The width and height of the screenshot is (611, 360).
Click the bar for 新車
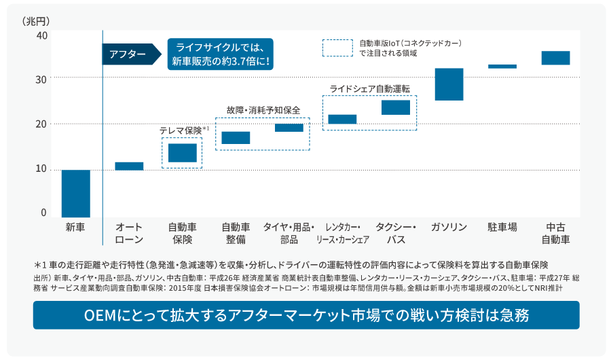(x=75, y=194)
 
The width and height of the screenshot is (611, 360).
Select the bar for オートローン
(x=129, y=166)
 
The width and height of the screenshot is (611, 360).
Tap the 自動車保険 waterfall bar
(x=182, y=153)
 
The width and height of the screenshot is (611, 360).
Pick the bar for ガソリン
(x=449, y=84)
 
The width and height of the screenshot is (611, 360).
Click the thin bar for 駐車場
(x=502, y=67)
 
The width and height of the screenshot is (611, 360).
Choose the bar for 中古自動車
(x=555, y=58)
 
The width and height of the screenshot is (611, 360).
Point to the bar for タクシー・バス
(x=396, y=107)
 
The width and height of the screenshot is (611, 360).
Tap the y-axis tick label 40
(x=41, y=35)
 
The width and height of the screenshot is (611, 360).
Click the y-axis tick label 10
(x=41, y=169)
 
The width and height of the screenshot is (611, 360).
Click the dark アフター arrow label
(x=128, y=54)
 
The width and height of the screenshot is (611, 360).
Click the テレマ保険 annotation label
(x=182, y=130)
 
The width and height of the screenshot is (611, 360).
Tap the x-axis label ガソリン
(x=449, y=227)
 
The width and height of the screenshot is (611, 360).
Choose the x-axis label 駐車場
(x=502, y=227)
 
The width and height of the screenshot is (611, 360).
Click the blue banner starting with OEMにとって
(x=305, y=316)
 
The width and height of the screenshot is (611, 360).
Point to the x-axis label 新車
(x=75, y=227)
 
